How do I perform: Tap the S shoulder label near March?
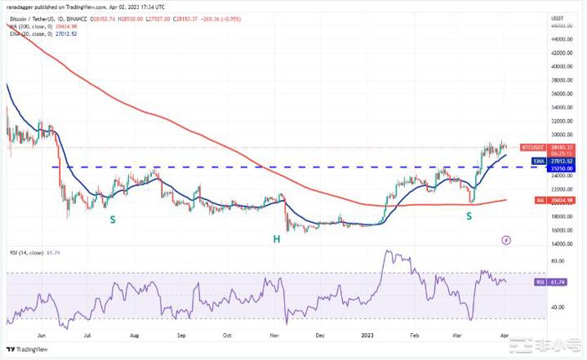tap(469, 216)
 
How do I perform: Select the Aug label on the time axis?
tap(135, 334)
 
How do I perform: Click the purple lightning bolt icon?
tap(507, 241)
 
